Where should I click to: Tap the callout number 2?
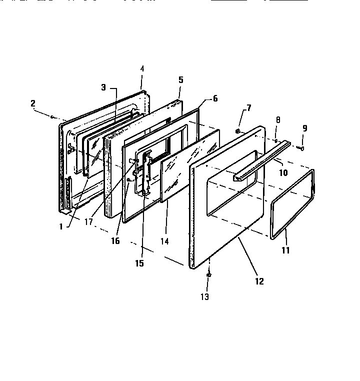[33, 103]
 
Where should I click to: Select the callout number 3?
[103, 87]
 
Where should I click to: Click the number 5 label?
[180, 79]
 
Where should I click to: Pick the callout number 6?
[215, 98]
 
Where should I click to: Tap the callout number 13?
[205, 296]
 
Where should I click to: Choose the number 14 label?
[164, 241]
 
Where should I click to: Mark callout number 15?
[140, 263]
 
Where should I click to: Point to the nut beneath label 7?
[239, 131]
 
